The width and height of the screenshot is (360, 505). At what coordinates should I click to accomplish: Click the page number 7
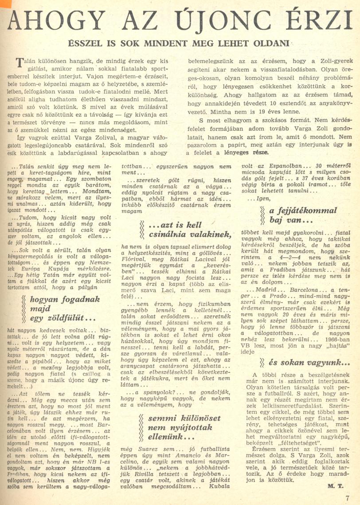[x=348, y=497]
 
